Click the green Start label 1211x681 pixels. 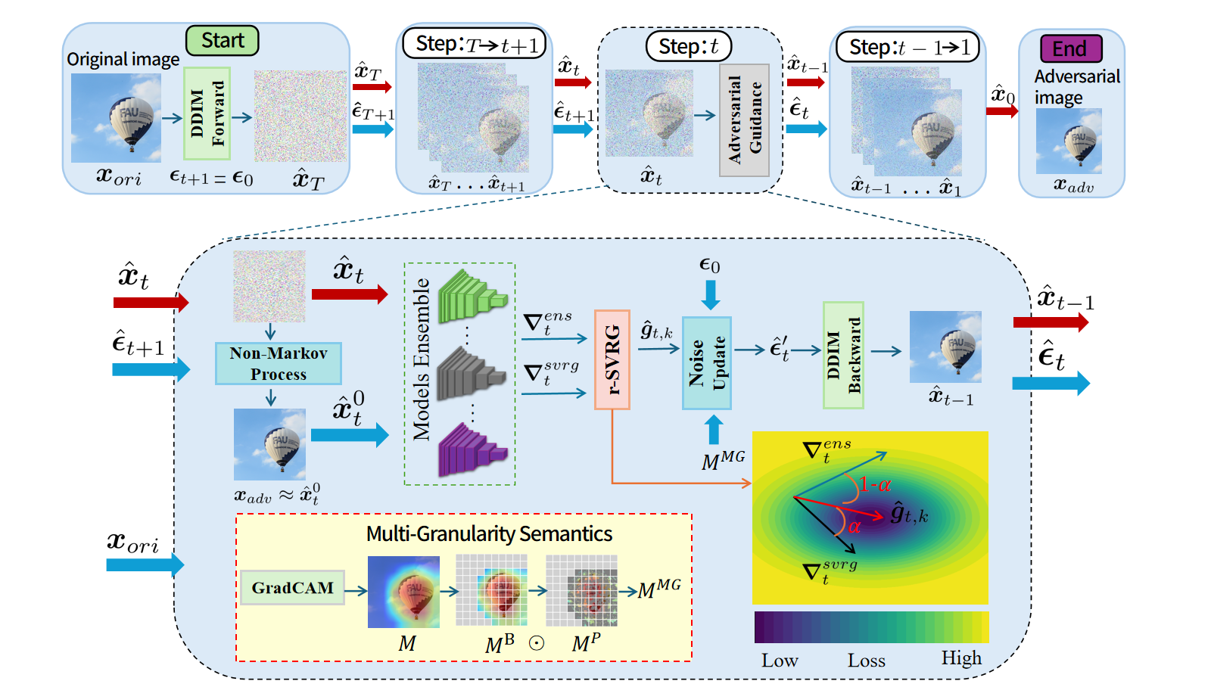coord(223,41)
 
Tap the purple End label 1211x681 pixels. coord(1071,48)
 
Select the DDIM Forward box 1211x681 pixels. coord(207,113)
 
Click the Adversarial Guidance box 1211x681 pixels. coord(745,120)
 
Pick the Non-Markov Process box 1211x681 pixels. coord(279,363)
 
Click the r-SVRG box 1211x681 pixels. coord(612,359)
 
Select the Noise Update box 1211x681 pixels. coord(707,363)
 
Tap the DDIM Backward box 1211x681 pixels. coord(843,355)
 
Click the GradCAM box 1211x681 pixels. coord(292,587)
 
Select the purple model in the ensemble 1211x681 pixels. coord(472,449)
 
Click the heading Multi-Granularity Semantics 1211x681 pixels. coord(489,534)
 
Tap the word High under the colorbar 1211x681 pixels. coord(961,658)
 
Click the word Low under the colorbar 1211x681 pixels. coord(780,660)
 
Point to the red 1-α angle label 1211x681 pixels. coord(875,485)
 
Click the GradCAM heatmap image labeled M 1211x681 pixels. coord(403,592)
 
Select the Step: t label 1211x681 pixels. coord(688,46)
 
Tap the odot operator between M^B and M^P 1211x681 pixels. coord(537,643)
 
